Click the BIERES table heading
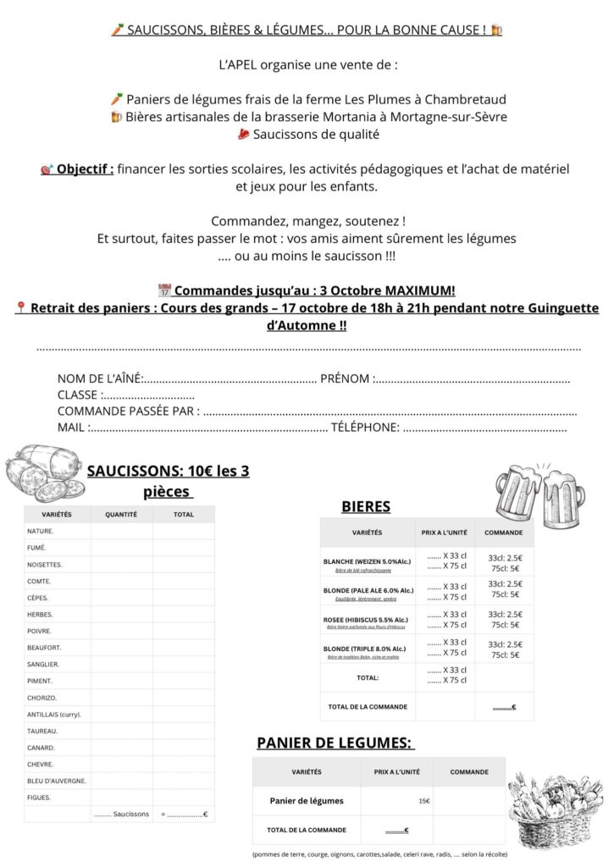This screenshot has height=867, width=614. (x=365, y=506)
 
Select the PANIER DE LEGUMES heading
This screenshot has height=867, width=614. (x=335, y=743)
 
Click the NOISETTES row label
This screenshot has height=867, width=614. (x=45, y=564)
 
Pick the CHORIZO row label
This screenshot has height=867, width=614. (x=42, y=698)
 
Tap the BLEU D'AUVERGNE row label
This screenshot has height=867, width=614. (x=57, y=781)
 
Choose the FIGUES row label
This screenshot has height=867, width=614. (x=39, y=798)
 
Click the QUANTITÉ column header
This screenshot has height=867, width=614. (x=121, y=514)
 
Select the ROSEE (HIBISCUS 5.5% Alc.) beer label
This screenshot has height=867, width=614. (x=365, y=619)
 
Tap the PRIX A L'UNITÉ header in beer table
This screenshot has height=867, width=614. (x=444, y=533)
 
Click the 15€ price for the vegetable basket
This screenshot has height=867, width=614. (x=423, y=801)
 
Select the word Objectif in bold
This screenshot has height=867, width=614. (x=85, y=168)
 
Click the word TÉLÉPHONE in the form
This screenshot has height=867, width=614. (x=364, y=428)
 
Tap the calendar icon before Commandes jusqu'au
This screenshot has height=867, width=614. (x=164, y=290)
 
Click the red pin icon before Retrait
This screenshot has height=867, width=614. (x=20, y=307)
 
